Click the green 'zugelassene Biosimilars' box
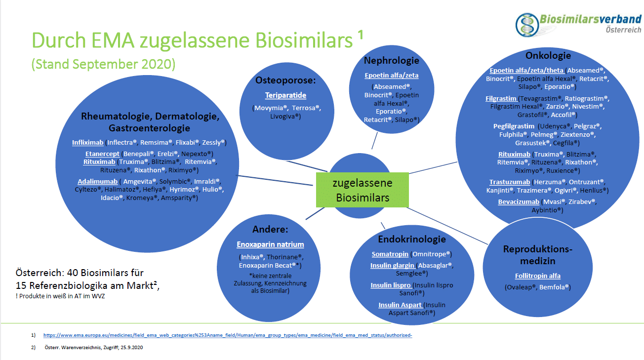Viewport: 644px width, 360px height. click(362, 190)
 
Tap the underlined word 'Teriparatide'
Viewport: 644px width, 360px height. click(285, 95)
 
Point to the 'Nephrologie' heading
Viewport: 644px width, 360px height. click(391, 61)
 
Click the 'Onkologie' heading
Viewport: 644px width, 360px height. click(548, 55)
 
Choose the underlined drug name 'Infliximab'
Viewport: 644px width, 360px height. click(87, 143)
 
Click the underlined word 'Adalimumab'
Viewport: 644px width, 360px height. click(97, 181)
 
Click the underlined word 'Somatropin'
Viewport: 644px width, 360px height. click(390, 254)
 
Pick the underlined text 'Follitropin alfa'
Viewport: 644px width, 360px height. click(537, 276)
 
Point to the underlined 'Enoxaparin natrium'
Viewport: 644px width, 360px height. click(270, 244)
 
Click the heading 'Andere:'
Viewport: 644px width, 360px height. click(270, 230)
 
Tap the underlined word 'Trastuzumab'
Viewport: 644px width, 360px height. click(510, 182)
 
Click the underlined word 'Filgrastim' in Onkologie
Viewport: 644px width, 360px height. click(501, 98)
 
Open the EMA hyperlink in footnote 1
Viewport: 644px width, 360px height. click(228, 335)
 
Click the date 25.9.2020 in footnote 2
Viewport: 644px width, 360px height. click(130, 348)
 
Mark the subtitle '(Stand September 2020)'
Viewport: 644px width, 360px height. click(103, 64)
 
